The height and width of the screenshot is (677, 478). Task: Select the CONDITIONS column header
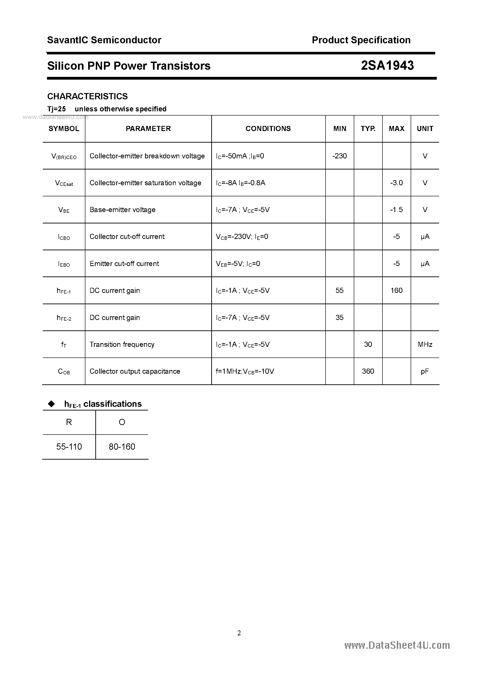point(268,129)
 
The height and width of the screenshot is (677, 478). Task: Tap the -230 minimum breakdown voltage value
point(339,156)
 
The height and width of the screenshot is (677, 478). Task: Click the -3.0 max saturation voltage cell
point(396,183)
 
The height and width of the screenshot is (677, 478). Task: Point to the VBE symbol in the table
point(64,210)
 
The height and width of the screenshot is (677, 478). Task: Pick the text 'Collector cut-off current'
point(127,236)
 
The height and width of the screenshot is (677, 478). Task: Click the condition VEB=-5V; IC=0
point(238,264)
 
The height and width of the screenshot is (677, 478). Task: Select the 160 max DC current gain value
point(396,290)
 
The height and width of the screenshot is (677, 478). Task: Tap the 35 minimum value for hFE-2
point(339,318)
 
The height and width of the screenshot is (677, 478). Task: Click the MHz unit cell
point(425,344)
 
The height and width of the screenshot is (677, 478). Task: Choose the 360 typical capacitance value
point(368,371)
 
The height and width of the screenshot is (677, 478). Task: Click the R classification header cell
point(69,422)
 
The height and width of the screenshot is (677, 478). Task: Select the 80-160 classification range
point(122,447)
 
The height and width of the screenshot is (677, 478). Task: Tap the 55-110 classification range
point(69,447)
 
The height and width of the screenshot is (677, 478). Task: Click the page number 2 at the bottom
point(239,633)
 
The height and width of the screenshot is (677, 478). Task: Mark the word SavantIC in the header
point(68,40)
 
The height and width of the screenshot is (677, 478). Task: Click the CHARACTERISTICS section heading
point(87,96)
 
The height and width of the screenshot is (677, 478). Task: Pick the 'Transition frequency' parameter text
point(122,344)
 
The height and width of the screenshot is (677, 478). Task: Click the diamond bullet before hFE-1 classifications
point(52,404)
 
